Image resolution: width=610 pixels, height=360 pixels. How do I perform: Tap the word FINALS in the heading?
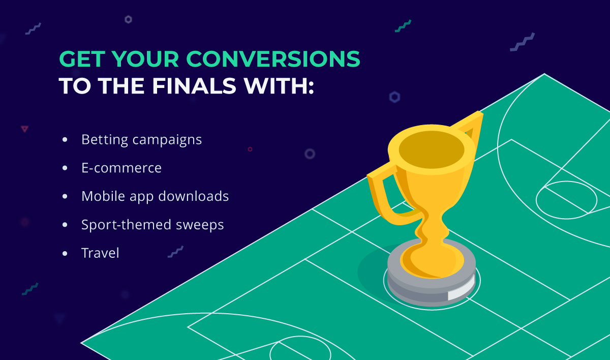tap(193, 86)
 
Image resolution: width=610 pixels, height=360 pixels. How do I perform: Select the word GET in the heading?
tap(81, 60)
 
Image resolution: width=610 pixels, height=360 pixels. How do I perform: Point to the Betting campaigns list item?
tap(141, 139)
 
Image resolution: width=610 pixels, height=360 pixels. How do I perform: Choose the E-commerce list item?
tap(121, 168)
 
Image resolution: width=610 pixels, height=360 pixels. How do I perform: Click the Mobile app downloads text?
tap(155, 196)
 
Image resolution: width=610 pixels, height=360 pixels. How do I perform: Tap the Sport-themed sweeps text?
tap(152, 224)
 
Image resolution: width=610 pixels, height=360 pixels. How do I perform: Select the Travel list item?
tap(100, 253)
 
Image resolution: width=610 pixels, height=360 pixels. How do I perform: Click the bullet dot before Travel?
tap(65, 253)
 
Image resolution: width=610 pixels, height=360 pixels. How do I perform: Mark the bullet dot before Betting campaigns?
tap(65, 139)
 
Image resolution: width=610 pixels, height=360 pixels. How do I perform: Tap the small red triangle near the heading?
tap(24, 129)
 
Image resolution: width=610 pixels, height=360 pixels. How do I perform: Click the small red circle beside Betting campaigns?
tap(250, 149)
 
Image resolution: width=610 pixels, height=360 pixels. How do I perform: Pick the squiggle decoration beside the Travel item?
tap(175, 251)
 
